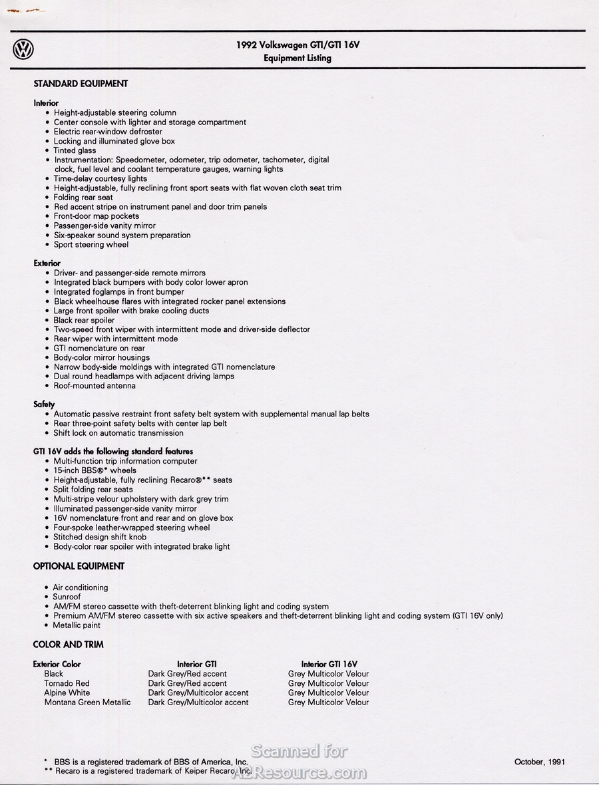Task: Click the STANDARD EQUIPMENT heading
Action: (x=81, y=84)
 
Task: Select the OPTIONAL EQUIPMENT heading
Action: (x=79, y=566)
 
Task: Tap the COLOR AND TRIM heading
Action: (x=69, y=645)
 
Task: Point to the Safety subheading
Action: (x=44, y=404)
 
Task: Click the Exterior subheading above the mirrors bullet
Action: (x=47, y=263)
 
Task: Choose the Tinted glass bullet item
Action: (x=75, y=150)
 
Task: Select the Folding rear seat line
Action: (x=83, y=198)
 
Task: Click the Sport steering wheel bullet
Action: (x=91, y=245)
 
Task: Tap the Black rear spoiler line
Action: (x=84, y=320)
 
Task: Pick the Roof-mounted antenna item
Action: (x=95, y=386)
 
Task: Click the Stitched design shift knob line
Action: (x=100, y=537)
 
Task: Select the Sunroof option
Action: (x=67, y=597)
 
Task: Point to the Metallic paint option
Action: (x=77, y=625)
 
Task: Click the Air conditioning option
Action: (x=81, y=588)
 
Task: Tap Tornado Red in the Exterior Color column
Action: (x=67, y=683)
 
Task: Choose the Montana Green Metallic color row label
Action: (x=87, y=703)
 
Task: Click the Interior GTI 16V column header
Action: (x=329, y=664)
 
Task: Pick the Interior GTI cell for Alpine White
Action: (x=198, y=693)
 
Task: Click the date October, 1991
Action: (x=539, y=762)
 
